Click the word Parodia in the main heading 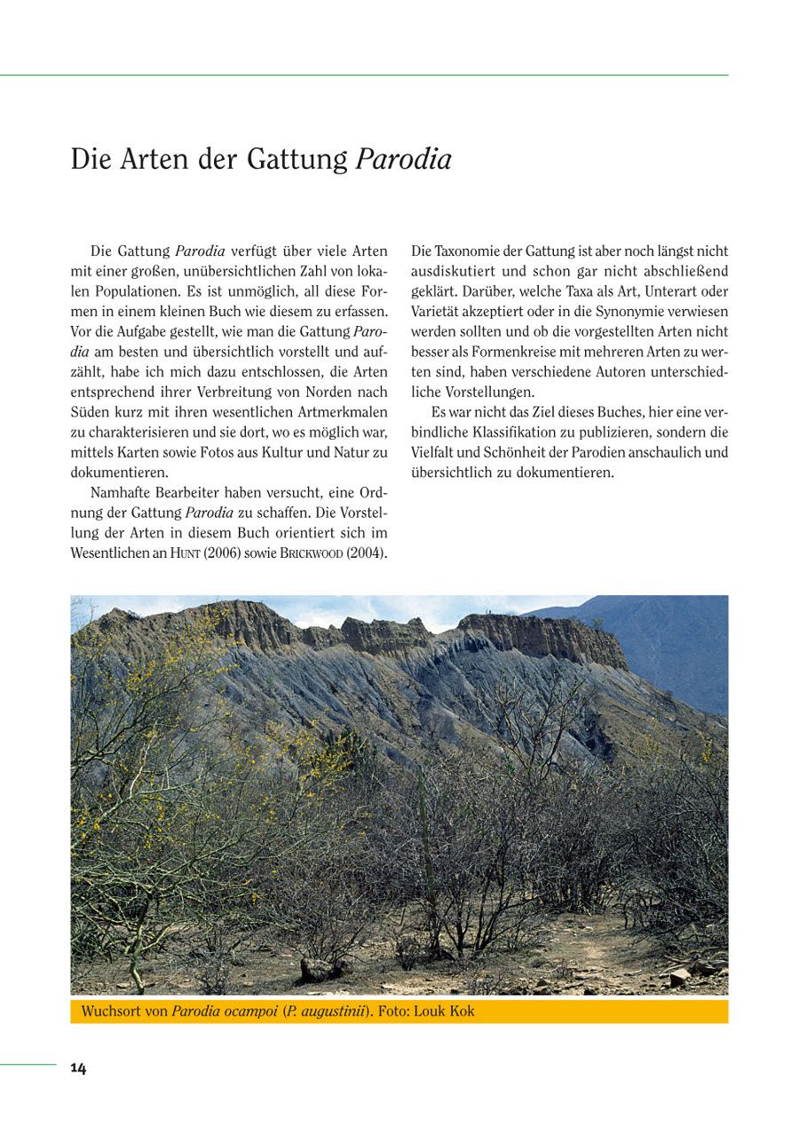click(403, 160)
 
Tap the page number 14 click(78, 1069)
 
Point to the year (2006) click(222, 553)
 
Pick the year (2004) click(367, 553)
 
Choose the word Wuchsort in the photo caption click(111, 1012)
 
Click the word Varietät click(439, 312)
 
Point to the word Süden click(90, 412)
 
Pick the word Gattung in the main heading click(297, 160)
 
